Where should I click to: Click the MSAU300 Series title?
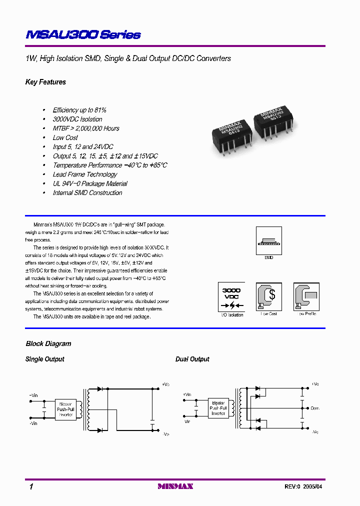tap(83, 34)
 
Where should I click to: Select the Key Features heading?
tap(45, 82)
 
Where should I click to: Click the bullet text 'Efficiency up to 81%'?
tap(79, 110)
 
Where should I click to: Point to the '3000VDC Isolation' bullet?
tap(77, 119)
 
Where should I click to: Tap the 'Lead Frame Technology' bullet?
tap(85, 174)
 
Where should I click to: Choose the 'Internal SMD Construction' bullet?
tap(87, 192)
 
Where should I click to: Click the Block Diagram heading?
tap(48, 343)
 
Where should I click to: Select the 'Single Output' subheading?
tap(45, 359)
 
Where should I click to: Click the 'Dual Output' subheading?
tap(192, 359)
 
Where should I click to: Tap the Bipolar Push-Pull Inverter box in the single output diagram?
tap(65, 409)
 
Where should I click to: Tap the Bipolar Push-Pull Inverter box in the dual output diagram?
tap(218, 408)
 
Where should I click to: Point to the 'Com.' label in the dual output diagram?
tap(315, 407)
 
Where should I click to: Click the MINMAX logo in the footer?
tap(175, 486)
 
